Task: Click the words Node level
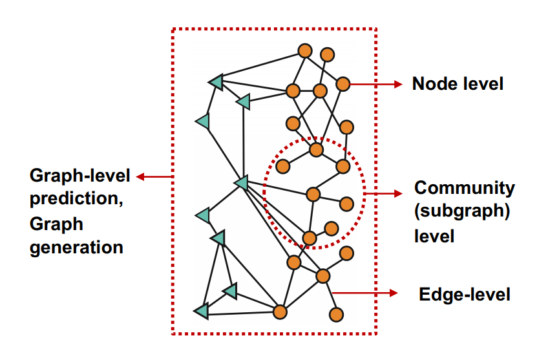tap(458, 84)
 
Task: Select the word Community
tap(464, 188)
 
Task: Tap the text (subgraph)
tap(462, 212)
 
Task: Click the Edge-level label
tap(465, 295)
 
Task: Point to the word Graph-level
tap(80, 176)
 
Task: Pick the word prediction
tap(77, 200)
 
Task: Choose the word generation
tap(76, 248)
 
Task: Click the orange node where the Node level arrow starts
tap(343, 83)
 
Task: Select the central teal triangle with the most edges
tap(241, 184)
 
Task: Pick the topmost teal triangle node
tap(216, 81)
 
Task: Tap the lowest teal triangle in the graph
tap(202, 312)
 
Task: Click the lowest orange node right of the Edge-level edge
tap(335, 315)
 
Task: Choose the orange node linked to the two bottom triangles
tap(280, 312)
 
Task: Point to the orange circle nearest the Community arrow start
tap(346, 204)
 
